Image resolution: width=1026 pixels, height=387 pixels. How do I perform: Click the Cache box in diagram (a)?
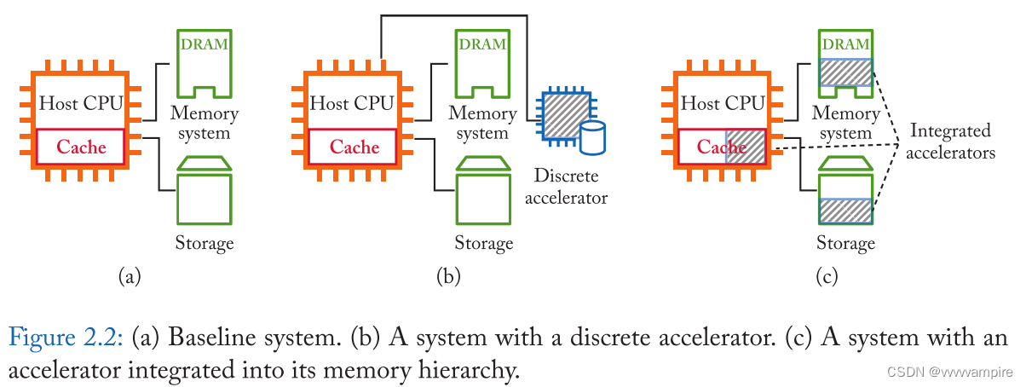point(81,147)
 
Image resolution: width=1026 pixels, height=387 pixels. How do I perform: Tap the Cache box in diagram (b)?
point(354,147)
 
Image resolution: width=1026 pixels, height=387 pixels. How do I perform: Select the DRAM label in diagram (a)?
point(204,43)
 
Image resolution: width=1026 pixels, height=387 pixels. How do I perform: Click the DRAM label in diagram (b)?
point(481,43)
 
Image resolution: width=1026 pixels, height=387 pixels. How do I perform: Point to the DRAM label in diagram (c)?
point(845,43)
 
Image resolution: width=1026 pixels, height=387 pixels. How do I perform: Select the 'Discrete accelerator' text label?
point(566,187)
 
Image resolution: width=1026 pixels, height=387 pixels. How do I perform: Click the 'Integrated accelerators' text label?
point(950,142)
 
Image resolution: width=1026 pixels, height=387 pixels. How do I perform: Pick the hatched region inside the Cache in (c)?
point(746,147)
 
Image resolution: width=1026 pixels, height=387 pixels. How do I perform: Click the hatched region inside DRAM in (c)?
point(845,72)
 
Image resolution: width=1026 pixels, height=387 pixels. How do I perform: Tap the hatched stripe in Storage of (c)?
point(845,211)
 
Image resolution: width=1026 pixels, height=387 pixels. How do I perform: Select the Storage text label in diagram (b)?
point(483,243)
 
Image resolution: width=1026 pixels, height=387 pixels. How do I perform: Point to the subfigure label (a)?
point(129,275)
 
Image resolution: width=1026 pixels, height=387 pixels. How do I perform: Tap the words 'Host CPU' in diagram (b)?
point(352,103)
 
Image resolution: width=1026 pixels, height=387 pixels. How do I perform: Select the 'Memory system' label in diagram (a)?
point(204,123)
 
